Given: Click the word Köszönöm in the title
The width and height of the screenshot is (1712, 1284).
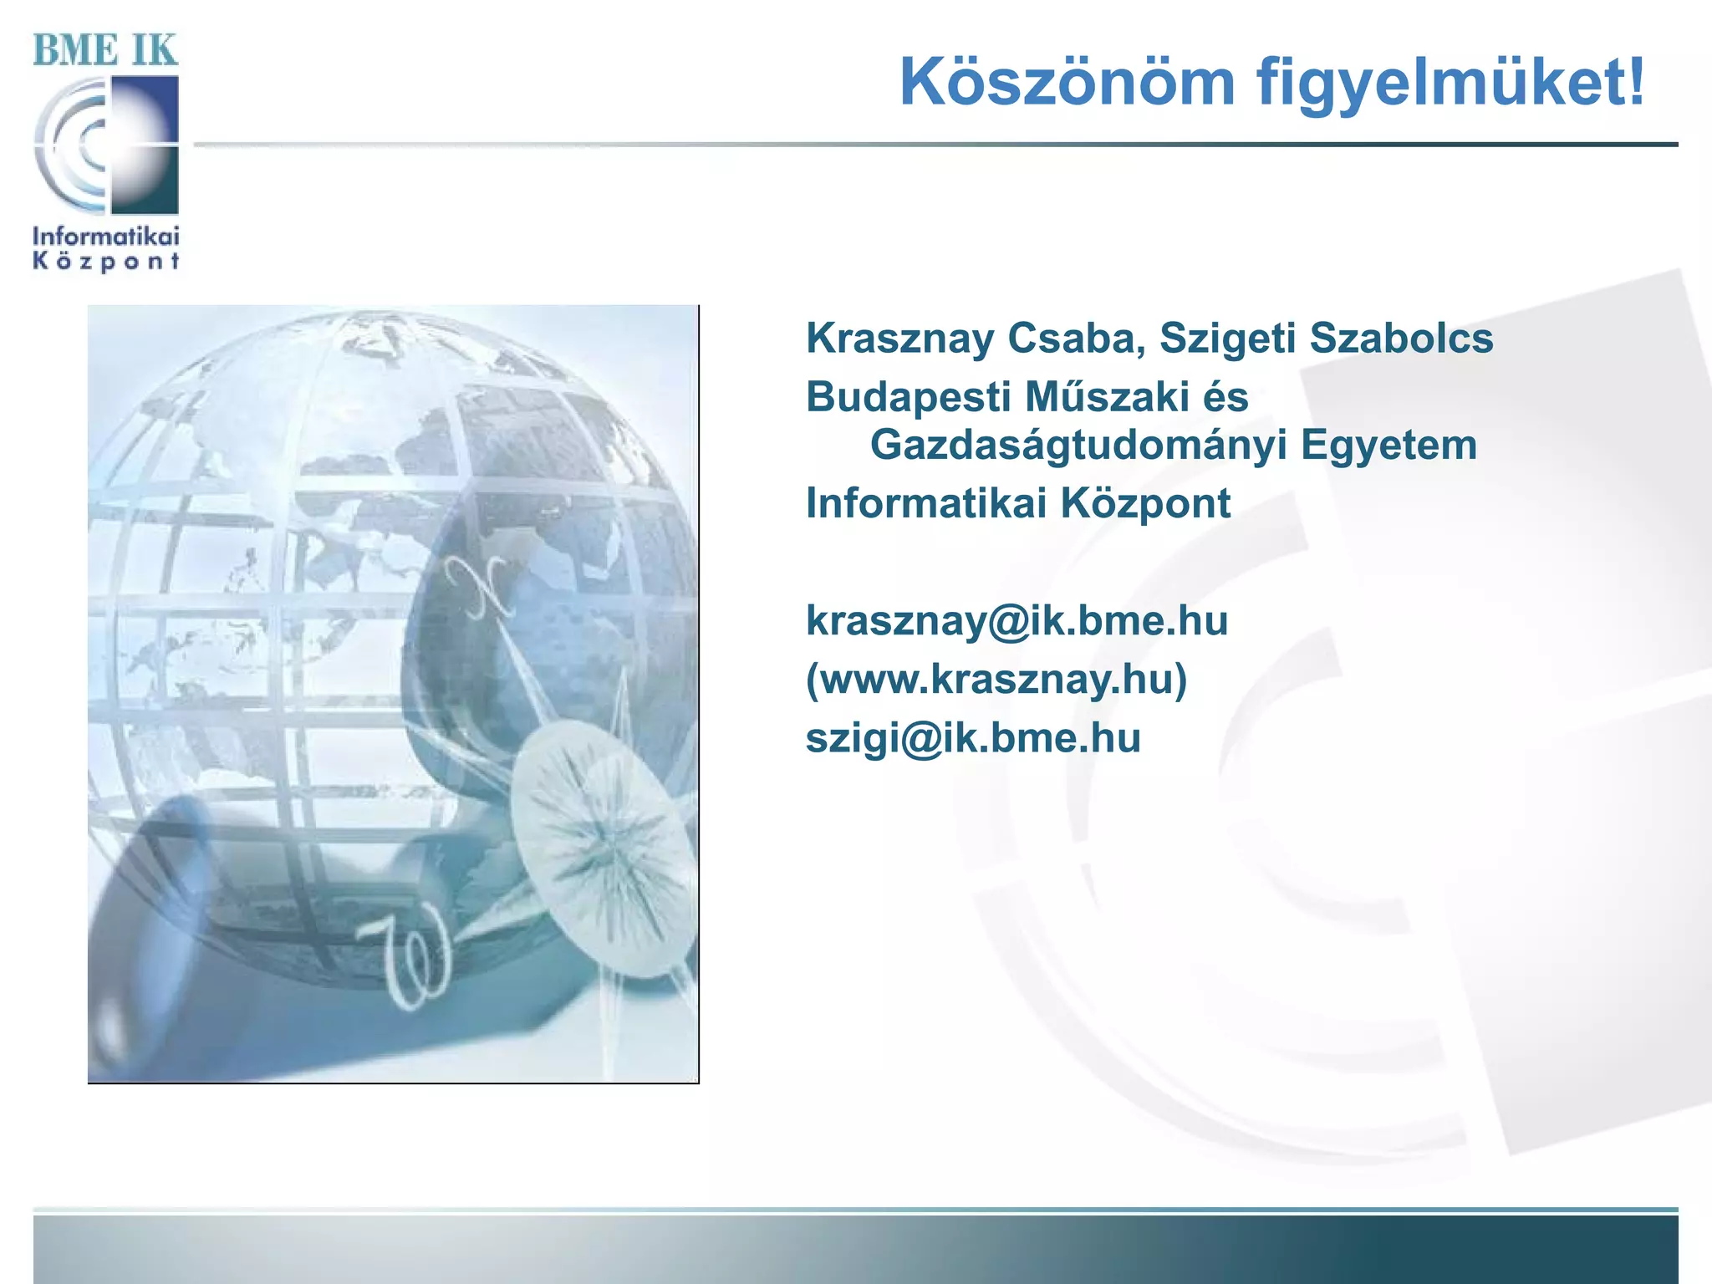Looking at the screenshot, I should tap(1067, 83).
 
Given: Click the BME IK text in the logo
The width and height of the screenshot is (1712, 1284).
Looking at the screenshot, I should tap(105, 50).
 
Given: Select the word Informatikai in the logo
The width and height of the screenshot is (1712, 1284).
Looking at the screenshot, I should tap(105, 236).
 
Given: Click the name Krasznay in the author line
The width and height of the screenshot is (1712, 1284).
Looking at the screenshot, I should tap(899, 339).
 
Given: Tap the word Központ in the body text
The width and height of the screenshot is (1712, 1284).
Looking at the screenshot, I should tap(1145, 504).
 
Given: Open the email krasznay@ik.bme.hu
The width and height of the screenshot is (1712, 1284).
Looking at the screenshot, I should tap(1016, 621).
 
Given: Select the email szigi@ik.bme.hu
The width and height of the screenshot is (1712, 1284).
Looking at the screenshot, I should tap(973, 738).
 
